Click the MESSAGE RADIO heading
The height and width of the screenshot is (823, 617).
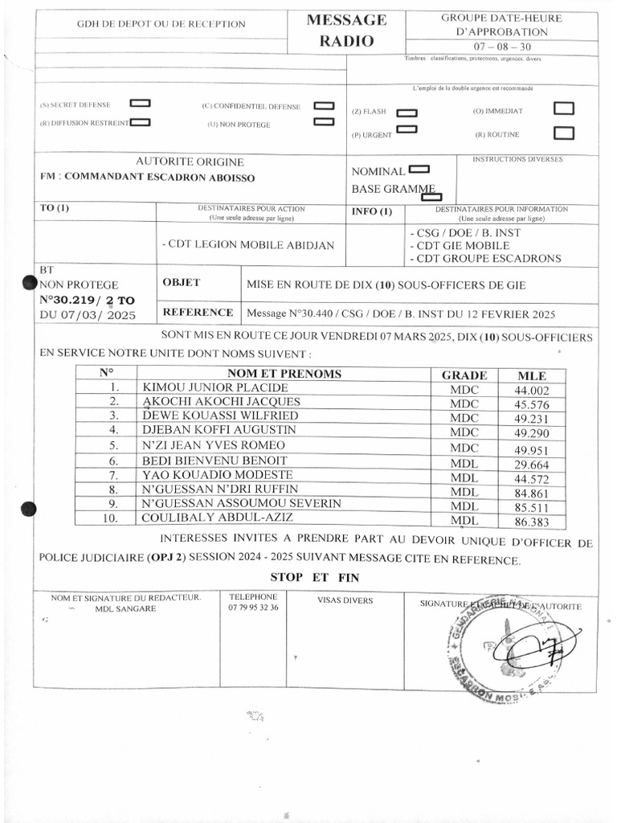pyautogui.click(x=346, y=31)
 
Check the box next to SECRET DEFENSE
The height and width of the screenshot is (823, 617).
pyautogui.click(x=140, y=104)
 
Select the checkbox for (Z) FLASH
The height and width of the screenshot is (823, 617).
pyautogui.click(x=407, y=113)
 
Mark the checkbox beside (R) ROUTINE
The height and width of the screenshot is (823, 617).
pyautogui.click(x=564, y=133)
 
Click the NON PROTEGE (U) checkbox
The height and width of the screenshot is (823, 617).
pyautogui.click(x=323, y=122)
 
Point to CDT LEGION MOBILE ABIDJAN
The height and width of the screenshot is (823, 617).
pyautogui.click(x=248, y=245)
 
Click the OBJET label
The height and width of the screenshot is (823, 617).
pyautogui.click(x=181, y=283)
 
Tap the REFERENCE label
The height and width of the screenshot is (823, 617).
pyautogui.click(x=198, y=313)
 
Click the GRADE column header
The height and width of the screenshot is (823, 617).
pyautogui.click(x=464, y=375)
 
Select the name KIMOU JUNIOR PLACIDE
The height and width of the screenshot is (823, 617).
pyautogui.click(x=214, y=388)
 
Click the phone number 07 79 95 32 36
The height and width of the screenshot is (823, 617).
pyautogui.click(x=253, y=608)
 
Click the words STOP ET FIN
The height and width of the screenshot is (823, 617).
pyautogui.click(x=314, y=577)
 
